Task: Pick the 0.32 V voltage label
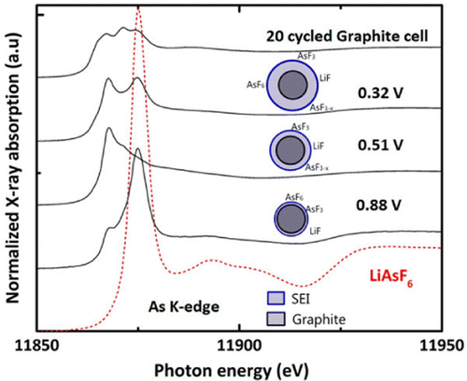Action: click(x=380, y=94)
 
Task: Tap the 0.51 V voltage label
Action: click(x=380, y=147)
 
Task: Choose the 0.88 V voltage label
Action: click(x=380, y=205)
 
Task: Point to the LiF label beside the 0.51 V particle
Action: click(x=318, y=145)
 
